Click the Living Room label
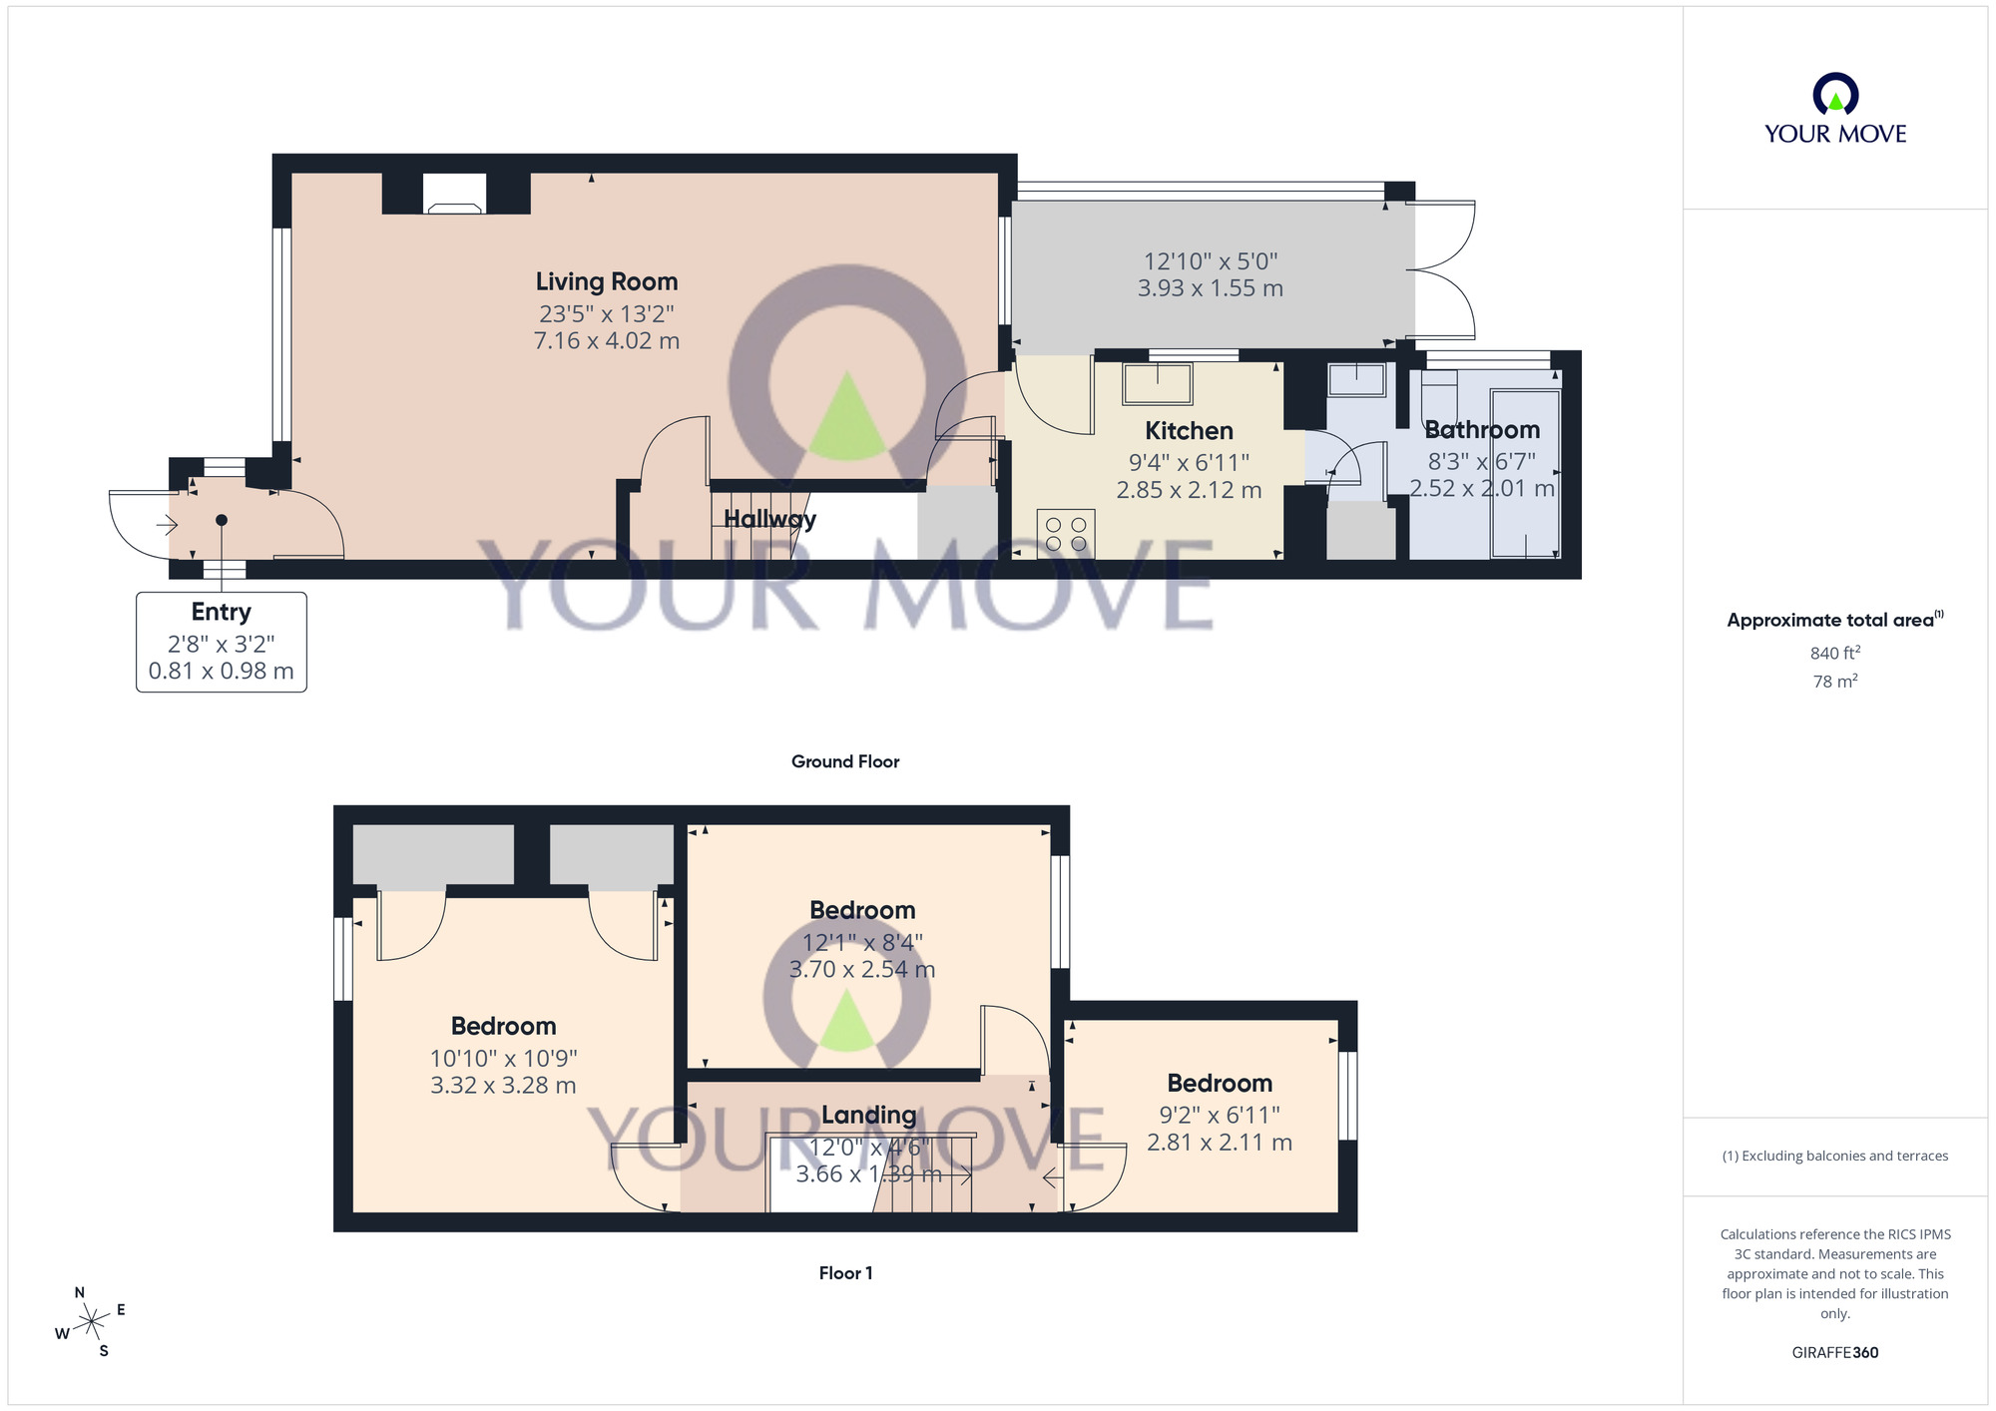606,282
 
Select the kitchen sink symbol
1157,383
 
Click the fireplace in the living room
454,194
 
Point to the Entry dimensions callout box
221,642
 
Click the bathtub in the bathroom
1524,473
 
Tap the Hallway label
769,519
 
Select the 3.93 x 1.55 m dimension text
1210,288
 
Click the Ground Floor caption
844,761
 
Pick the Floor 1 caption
844,1272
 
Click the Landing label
868,1115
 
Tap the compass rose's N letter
80,1292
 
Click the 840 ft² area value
1834,653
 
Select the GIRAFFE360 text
1834,1353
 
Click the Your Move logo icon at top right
1834,96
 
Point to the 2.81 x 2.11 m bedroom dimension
1219,1143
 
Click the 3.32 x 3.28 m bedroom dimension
503,1086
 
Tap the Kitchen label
1189,431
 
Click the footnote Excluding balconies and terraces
1834,1156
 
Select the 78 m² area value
1834,682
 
